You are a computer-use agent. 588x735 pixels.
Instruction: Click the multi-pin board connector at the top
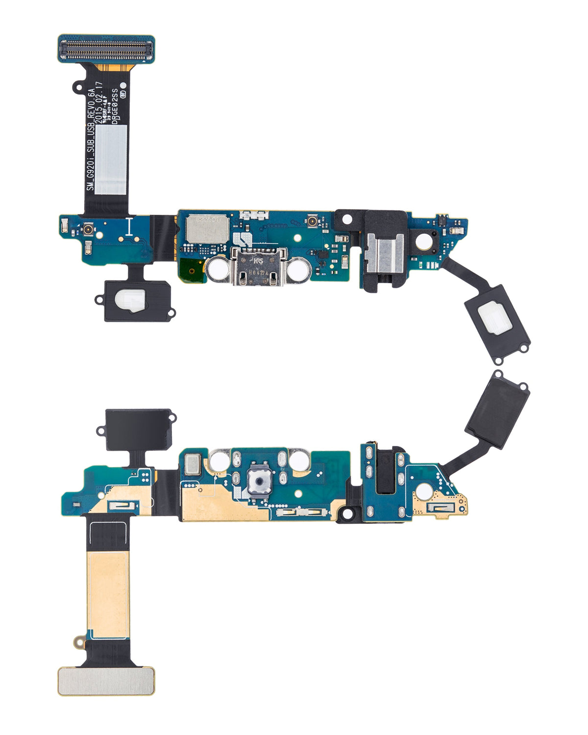pos(106,49)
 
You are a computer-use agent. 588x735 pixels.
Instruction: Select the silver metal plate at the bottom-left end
pos(106,681)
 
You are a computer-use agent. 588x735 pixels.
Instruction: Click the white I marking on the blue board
pos(129,227)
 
